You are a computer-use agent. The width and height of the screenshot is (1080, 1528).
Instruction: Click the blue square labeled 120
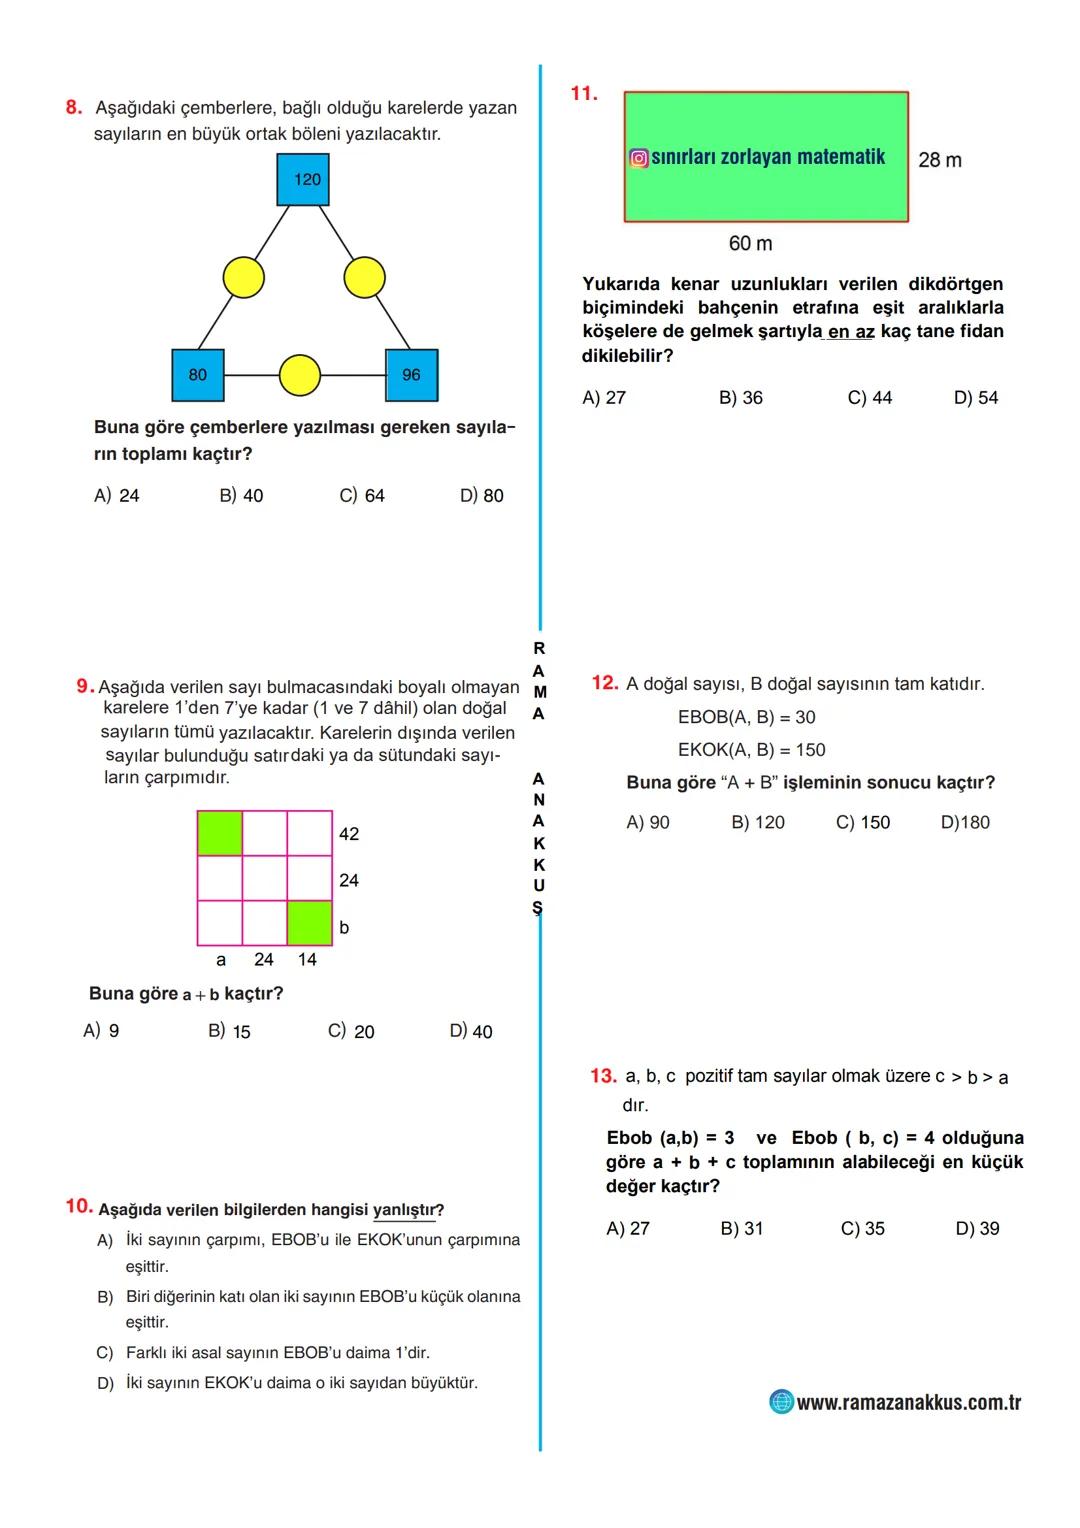303,180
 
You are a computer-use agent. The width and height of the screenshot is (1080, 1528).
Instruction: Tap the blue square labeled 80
198,375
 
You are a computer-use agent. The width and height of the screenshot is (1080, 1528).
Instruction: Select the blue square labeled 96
411,375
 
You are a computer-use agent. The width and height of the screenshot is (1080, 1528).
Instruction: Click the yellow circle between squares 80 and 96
299,375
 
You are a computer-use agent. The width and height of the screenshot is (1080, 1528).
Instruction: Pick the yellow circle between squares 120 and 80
243,277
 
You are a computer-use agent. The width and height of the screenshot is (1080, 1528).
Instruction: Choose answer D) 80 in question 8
481,496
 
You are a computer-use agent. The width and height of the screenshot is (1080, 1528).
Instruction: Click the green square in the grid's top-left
220,833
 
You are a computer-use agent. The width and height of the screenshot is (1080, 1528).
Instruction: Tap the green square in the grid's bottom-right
310,923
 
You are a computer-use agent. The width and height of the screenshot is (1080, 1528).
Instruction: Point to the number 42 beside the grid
349,834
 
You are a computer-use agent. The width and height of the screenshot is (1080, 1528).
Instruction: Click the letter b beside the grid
344,928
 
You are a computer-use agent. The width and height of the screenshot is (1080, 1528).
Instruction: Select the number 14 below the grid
307,960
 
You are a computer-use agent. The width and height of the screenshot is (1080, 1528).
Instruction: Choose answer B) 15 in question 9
229,1031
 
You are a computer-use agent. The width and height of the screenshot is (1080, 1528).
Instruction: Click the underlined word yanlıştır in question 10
404,1210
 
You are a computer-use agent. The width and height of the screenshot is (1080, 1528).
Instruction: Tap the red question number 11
584,94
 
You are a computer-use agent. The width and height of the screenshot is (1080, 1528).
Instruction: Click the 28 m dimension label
940,160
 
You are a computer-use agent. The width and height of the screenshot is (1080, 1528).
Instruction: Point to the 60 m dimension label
750,244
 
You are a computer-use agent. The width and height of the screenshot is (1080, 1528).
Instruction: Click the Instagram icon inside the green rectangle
638,158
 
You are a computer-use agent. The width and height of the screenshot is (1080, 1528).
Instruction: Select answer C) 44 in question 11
869,398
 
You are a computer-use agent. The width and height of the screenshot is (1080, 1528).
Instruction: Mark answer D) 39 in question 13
977,1229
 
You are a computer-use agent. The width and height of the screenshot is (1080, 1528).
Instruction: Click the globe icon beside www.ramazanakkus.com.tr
781,1402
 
